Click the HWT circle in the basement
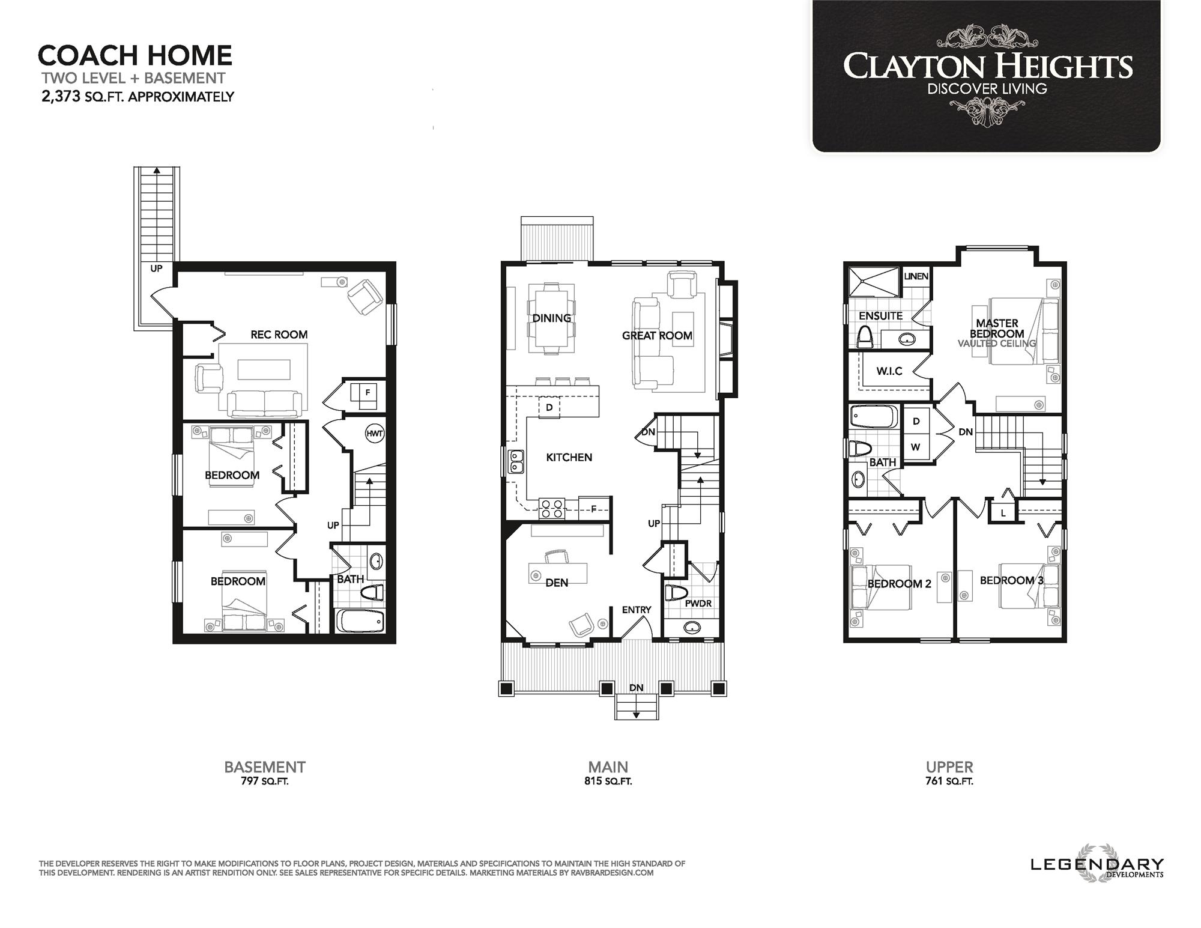pos(374,433)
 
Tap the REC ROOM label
pos(279,335)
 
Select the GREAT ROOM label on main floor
pos(657,336)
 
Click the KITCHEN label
pos(569,458)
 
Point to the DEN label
pos(557,582)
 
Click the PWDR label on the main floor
pos(698,603)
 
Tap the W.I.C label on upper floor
pos(889,371)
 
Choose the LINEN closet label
pos(916,276)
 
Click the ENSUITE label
pos(880,316)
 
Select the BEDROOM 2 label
pos(899,584)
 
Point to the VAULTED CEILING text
pos(996,344)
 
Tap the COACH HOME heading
pos(135,55)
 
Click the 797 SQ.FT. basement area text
pos(264,781)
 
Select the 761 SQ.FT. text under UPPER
pos(949,781)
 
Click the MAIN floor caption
pos(608,767)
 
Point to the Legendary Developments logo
pos(1097,865)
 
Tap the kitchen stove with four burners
pos(552,509)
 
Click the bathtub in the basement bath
pos(360,620)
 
